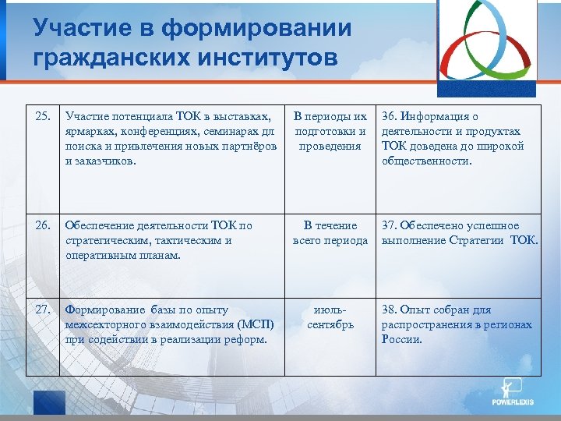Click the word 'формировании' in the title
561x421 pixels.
coord(257,29)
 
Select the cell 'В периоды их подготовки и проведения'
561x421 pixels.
coord(330,131)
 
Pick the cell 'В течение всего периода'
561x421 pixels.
coord(330,233)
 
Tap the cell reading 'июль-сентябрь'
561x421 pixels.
coord(330,317)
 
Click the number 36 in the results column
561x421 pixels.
coord(388,117)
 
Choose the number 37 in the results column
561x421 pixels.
coord(388,226)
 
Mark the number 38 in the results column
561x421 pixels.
coord(388,310)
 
